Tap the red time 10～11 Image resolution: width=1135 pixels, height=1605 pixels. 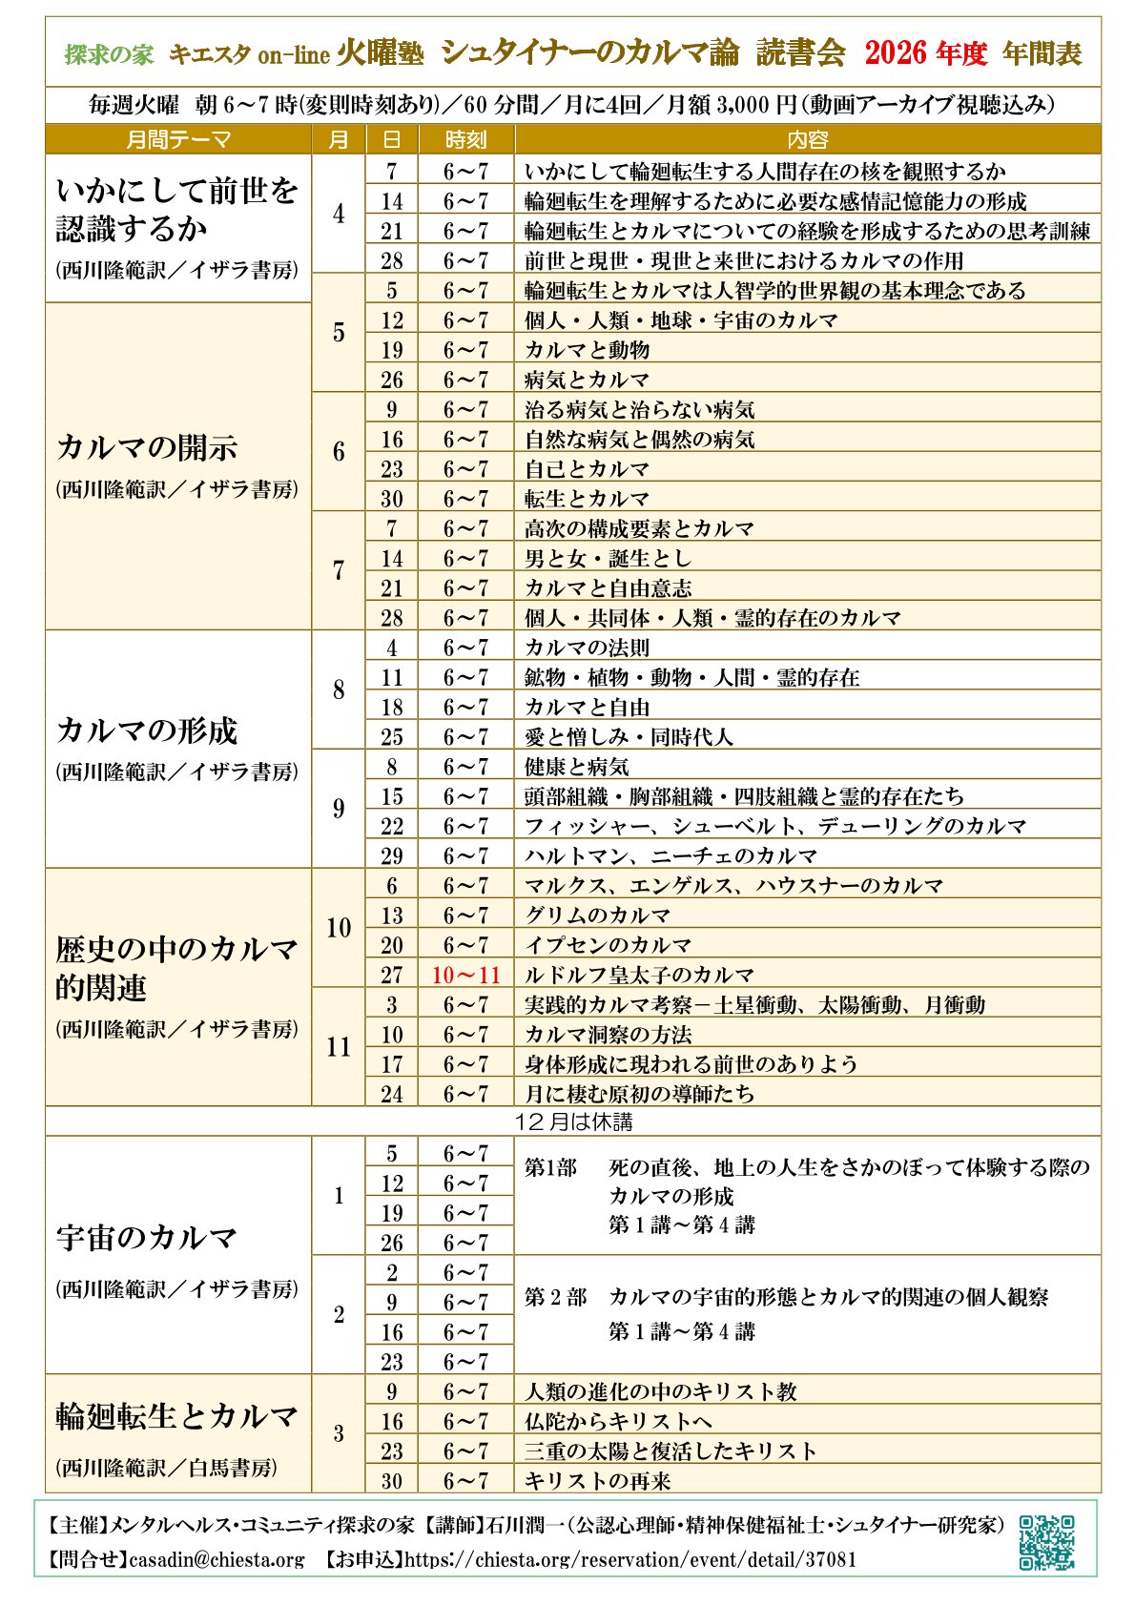[x=465, y=975]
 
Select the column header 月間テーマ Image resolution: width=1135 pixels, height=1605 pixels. [x=178, y=140]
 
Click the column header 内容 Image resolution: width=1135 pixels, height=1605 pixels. [x=807, y=140]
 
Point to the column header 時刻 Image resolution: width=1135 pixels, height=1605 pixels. [x=465, y=140]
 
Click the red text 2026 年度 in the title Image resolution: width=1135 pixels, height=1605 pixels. [x=925, y=53]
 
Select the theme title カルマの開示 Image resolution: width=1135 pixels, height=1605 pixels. [x=147, y=447]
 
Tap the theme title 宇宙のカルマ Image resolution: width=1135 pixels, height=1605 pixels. [x=147, y=1238]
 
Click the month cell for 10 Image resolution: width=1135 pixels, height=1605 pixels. [x=339, y=928]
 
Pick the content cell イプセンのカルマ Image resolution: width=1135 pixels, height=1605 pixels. [x=608, y=945]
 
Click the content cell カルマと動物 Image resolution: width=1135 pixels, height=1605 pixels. [x=587, y=350]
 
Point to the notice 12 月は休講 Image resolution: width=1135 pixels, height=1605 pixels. [x=572, y=1121]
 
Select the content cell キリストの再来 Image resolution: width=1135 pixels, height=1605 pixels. [x=597, y=1481]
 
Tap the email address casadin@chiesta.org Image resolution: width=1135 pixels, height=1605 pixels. [x=217, y=1560]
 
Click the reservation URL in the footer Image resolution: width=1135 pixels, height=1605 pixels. [x=629, y=1560]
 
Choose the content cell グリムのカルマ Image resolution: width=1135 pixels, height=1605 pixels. [x=597, y=916]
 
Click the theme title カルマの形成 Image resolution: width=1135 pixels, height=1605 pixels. [x=147, y=730]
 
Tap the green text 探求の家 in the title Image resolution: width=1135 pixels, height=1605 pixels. [x=109, y=54]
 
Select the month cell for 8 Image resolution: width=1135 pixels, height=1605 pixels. [x=339, y=689]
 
